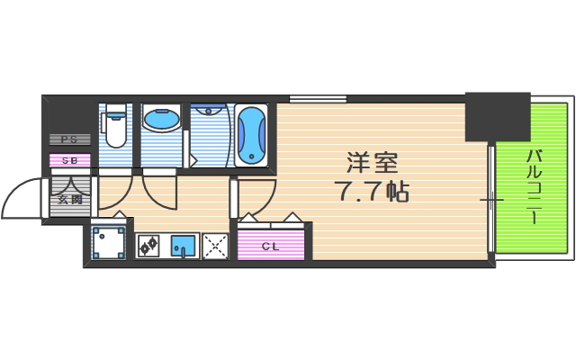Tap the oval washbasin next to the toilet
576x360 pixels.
click(x=161, y=121)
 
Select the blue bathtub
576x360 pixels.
click(x=251, y=135)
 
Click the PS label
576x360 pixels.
click(x=69, y=139)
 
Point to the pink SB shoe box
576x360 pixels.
click(x=69, y=159)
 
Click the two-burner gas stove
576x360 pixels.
click(x=148, y=244)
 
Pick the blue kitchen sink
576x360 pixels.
click(x=183, y=244)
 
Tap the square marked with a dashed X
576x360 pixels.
click(x=215, y=244)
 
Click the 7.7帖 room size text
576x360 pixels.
click(x=372, y=192)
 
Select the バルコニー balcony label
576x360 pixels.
click(x=532, y=184)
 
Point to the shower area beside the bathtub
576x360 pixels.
click(x=211, y=135)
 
